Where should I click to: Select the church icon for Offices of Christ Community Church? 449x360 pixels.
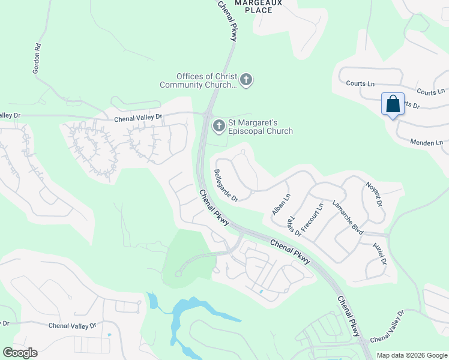246,79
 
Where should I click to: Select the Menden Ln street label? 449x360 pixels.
426,143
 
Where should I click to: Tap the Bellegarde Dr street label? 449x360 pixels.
226,185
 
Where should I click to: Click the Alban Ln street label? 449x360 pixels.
281,204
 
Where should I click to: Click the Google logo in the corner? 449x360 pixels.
20,352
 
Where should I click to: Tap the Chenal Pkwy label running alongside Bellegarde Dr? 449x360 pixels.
214,208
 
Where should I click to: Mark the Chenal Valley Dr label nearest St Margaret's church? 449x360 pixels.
139,118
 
